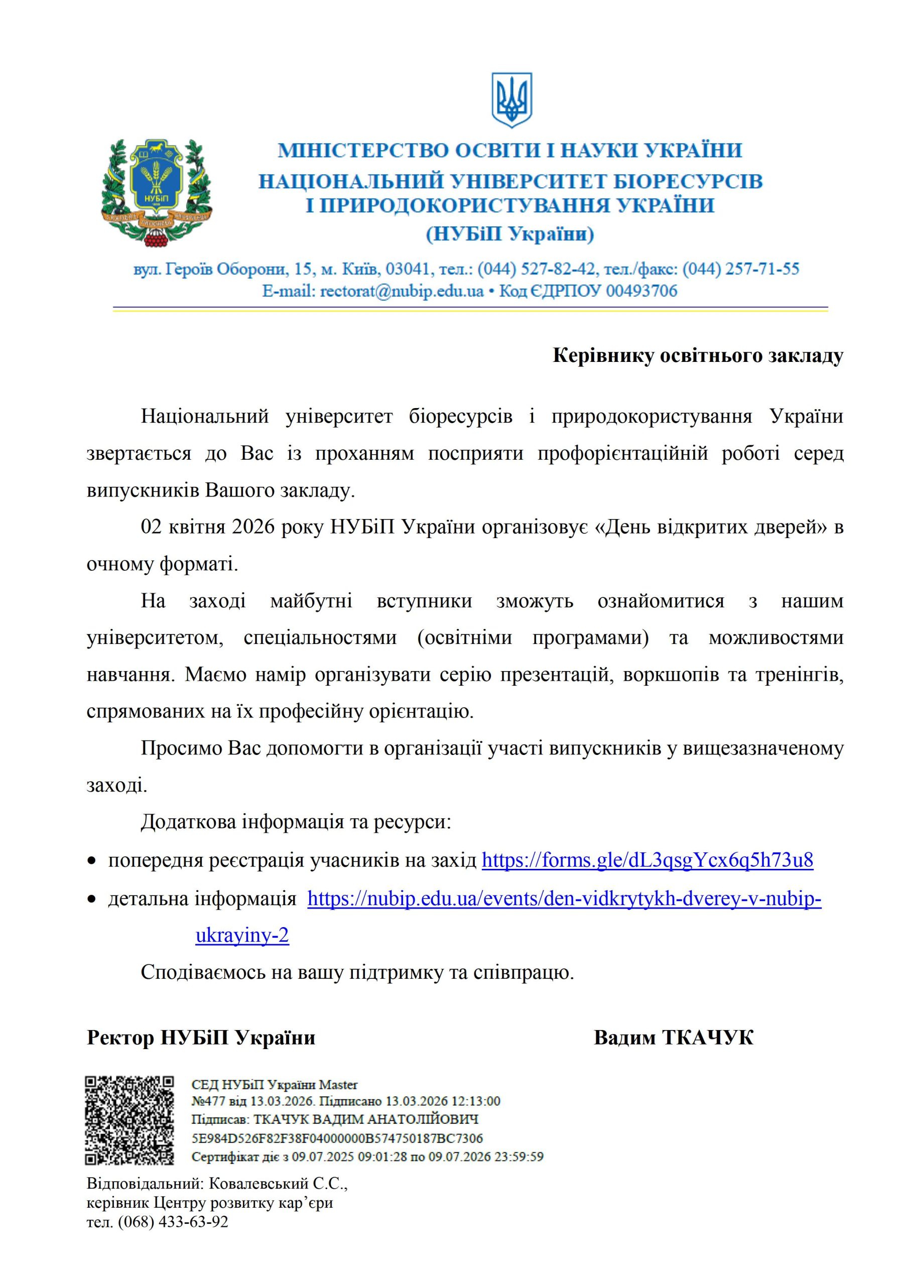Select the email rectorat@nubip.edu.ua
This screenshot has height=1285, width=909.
pos(402,291)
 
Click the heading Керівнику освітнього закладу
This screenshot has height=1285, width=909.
pos(697,356)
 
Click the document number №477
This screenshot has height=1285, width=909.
pos(208,1101)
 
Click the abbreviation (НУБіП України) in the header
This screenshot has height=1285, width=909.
pos(510,233)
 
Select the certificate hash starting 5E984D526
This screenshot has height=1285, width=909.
pos(337,1138)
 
